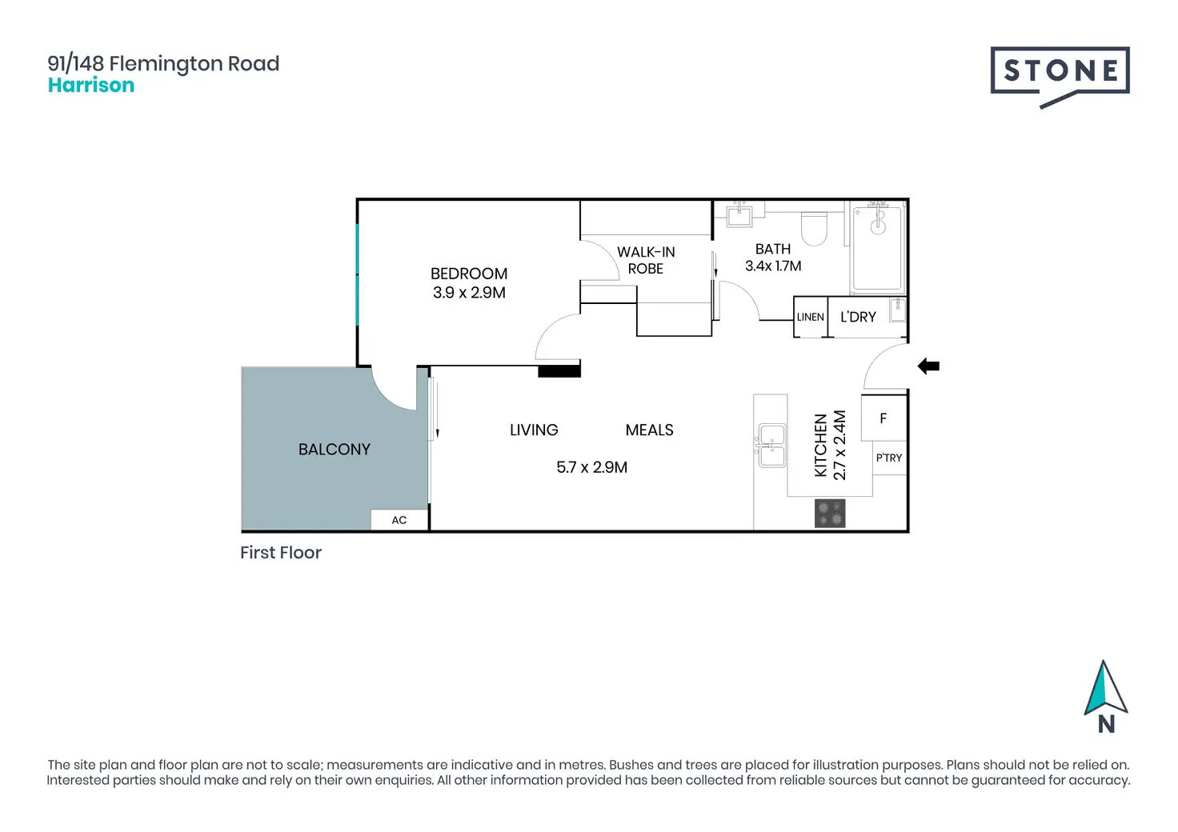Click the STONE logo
(x=1060, y=78)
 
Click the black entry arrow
(x=928, y=366)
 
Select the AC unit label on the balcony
(x=399, y=520)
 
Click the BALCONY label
(x=334, y=449)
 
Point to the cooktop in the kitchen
(x=830, y=513)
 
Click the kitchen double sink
(x=771, y=446)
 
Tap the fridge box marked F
(x=884, y=418)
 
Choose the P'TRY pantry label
(x=889, y=458)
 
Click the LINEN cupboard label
(x=811, y=317)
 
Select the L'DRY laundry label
(x=858, y=317)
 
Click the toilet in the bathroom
(x=814, y=228)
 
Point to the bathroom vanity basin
(x=739, y=214)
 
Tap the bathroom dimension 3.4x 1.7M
(x=773, y=266)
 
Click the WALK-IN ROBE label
(x=646, y=260)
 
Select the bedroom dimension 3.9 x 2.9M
(x=469, y=292)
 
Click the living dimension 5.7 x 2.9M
(x=591, y=466)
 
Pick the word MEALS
(x=650, y=430)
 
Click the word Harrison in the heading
(x=91, y=85)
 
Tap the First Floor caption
(x=281, y=552)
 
